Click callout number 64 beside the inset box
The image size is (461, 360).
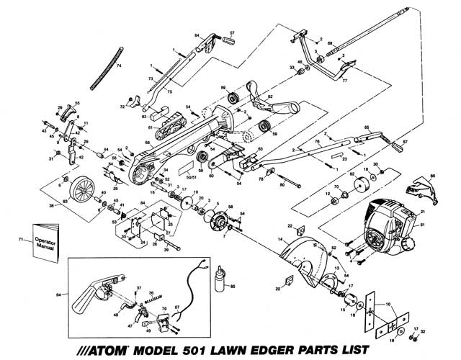59,294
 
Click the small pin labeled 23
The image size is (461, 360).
334,153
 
